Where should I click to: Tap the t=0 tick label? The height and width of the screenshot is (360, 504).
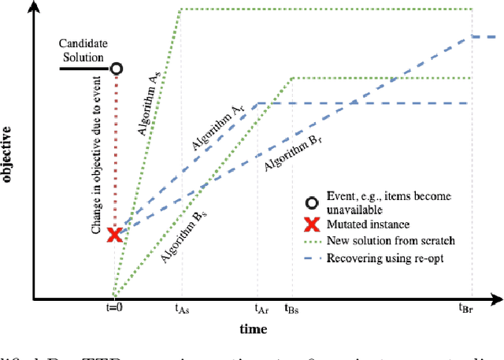(x=115, y=309)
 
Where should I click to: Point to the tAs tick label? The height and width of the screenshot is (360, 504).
(x=182, y=310)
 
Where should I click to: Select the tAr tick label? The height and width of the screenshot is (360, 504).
(x=261, y=310)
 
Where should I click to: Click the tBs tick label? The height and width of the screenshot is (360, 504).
(x=291, y=310)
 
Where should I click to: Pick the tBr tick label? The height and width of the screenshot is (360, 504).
(x=471, y=310)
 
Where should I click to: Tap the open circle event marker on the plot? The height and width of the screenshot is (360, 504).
(x=116, y=69)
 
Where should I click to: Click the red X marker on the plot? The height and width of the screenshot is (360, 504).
(x=115, y=234)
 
